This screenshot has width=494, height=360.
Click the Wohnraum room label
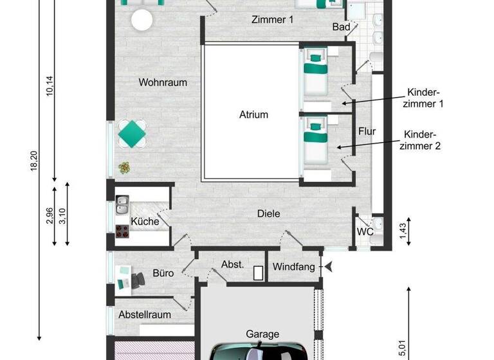coord(163,82)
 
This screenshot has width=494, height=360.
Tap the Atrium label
coord(253,115)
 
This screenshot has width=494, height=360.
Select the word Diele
coord(269,213)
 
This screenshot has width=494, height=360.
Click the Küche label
coord(145,222)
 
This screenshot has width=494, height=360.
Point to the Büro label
coord(163,273)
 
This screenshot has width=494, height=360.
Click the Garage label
coord(262,334)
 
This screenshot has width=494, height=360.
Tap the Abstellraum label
coord(145,315)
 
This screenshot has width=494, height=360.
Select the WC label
coord(365,232)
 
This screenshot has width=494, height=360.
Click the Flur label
coord(367,132)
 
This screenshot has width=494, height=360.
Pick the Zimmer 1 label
coord(272,20)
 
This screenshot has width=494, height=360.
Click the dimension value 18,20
coord(33,161)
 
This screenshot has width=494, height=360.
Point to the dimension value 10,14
coord(50,87)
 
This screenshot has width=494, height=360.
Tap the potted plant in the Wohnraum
coord(123,168)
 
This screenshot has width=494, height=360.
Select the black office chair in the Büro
coord(138,279)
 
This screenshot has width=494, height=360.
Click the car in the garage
coord(257,352)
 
